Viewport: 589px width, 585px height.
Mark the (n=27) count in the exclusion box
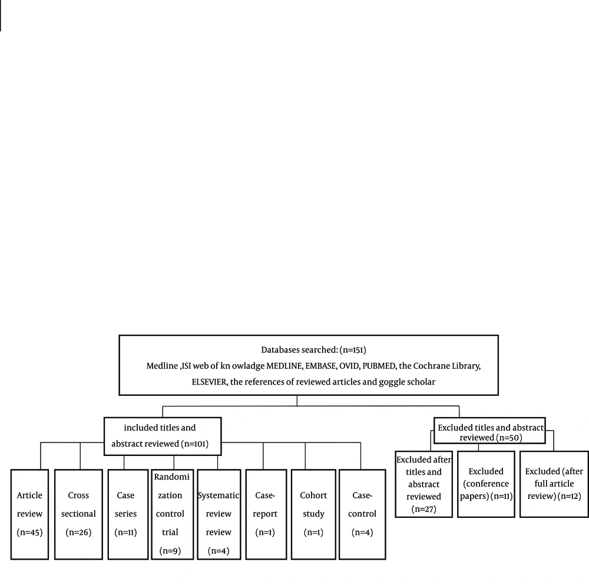[x=423, y=509]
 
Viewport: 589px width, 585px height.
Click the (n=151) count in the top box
[x=353, y=350]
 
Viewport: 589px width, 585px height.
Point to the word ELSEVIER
[x=209, y=382]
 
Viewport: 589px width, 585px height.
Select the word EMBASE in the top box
[x=321, y=366]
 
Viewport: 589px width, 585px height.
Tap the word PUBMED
[x=379, y=366]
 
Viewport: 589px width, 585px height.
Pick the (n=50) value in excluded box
[x=509, y=438]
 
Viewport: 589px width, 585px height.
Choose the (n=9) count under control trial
[x=170, y=551]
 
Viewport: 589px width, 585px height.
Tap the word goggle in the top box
[x=393, y=382]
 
